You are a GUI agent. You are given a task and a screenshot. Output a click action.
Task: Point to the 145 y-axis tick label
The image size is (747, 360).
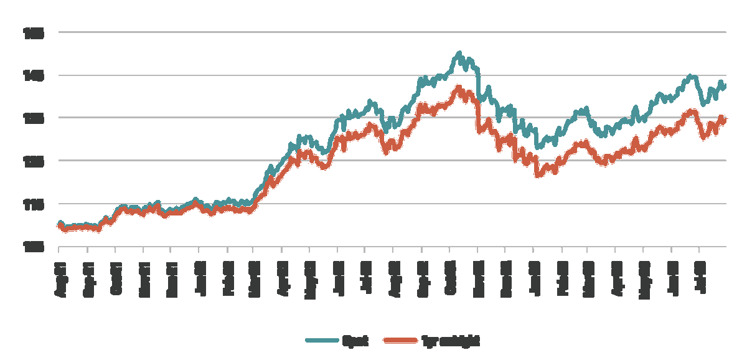tap(34, 75)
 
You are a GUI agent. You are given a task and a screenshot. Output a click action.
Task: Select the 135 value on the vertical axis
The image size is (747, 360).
tap(34, 118)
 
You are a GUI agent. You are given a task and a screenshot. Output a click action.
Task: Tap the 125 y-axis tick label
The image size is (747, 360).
tap(34, 161)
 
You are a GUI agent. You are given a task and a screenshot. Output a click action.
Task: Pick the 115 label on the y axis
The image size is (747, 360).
tap(34, 204)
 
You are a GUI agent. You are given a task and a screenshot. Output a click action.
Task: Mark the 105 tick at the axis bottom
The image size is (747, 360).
tap(34, 247)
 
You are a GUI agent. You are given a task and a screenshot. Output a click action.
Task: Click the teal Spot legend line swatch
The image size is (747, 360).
tap(321, 340)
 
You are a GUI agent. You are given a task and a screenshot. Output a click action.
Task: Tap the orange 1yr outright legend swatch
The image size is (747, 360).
tap(400, 340)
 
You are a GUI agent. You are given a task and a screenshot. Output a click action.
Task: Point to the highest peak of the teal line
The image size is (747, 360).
tap(459, 53)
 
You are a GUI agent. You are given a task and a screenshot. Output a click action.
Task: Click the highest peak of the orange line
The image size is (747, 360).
tap(459, 87)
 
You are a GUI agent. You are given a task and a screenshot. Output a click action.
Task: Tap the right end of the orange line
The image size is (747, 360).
tap(725, 120)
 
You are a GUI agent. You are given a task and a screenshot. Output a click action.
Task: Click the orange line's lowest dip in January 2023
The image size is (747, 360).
tap(538, 176)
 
